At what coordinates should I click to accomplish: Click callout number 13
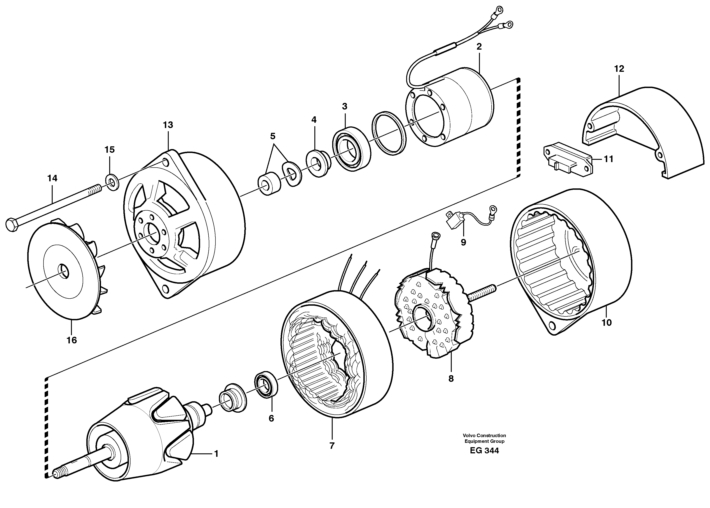point(168,125)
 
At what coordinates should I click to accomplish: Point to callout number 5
point(272,136)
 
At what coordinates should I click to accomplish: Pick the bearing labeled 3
point(351,149)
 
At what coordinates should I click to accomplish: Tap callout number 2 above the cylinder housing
point(479,47)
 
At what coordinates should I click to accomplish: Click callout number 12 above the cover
point(619,69)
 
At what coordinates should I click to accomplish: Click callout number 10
point(606,323)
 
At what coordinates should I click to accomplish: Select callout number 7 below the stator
point(332,446)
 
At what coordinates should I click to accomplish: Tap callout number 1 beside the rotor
point(216,454)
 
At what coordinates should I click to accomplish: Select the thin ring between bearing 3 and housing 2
point(389,133)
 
